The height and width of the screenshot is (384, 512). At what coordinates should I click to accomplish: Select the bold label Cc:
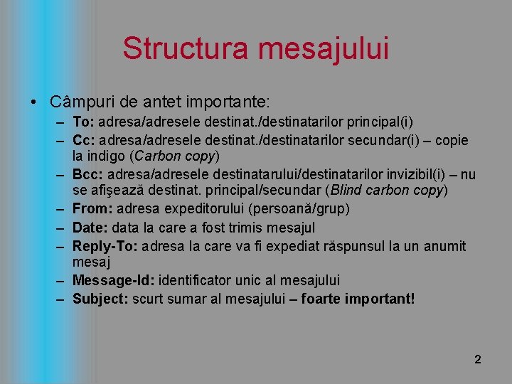[83, 140]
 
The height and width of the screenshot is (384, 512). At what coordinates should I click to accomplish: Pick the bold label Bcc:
[87, 175]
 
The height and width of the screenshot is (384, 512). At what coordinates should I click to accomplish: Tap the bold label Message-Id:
[110, 280]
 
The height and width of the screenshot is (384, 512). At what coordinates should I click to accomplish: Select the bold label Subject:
[100, 299]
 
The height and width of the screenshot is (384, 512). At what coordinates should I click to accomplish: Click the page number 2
[478, 360]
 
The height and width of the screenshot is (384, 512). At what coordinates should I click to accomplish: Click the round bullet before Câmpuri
[36, 100]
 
